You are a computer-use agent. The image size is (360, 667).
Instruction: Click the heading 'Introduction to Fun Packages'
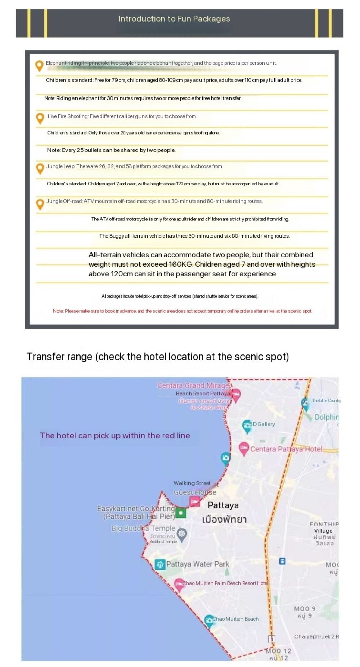coord(174,19)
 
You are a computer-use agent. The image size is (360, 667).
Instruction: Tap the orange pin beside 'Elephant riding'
coord(39,65)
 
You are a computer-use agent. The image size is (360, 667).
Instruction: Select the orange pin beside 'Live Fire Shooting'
coord(40,118)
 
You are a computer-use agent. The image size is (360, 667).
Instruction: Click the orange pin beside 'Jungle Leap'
coord(40,168)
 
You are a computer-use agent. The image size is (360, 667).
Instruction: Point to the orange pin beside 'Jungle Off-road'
coord(40,204)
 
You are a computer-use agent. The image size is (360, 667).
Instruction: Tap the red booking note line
coord(183,311)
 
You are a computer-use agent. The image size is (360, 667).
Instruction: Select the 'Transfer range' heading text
coord(158,357)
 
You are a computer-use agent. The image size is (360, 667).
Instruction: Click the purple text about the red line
coord(115,435)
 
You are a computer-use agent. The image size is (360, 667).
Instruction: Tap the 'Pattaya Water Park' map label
coord(198,564)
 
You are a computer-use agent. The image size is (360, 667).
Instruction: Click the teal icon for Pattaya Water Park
coord(159,564)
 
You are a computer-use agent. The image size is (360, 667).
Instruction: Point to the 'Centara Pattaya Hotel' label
coord(286,449)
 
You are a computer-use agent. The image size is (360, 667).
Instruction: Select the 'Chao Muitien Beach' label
coord(235,619)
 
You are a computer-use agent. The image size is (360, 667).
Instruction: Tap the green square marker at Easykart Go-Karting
coord(181,513)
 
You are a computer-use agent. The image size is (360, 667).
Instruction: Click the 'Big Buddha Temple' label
coord(143,528)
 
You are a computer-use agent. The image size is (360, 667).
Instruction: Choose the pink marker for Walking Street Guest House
coord(195,501)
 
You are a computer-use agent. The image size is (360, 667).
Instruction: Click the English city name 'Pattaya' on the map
coord(223,505)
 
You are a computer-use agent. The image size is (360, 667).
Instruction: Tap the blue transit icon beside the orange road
coord(282,561)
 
